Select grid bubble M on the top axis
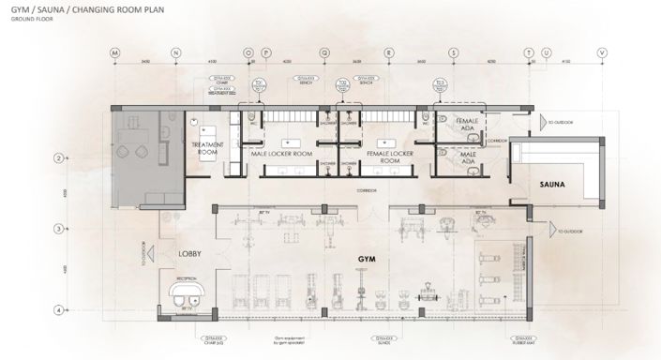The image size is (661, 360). coord(115,52)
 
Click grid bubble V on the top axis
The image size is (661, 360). coord(602,52)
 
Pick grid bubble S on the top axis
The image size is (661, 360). coord(453,52)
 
